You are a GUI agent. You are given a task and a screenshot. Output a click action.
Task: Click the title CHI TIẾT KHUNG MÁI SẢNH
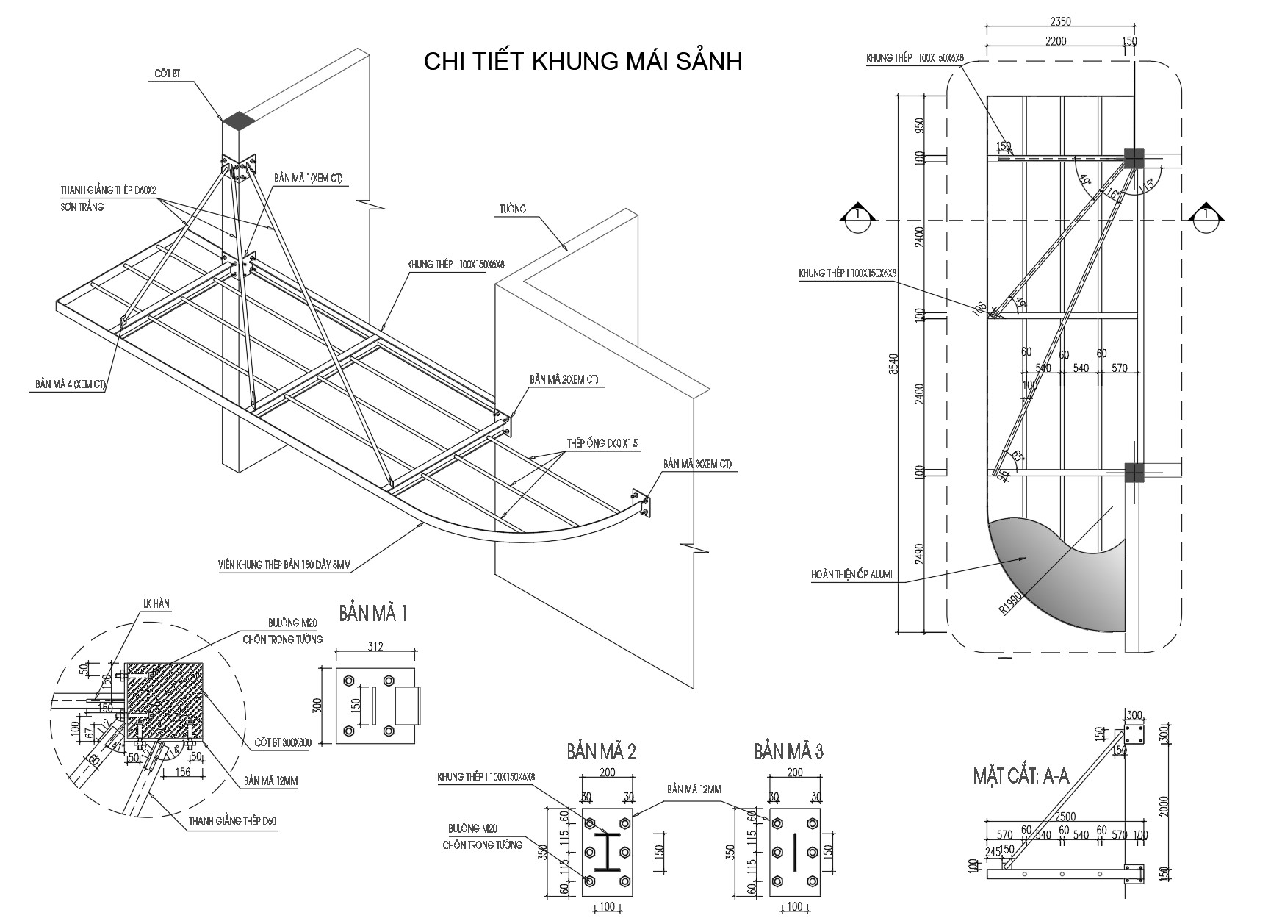tap(583, 61)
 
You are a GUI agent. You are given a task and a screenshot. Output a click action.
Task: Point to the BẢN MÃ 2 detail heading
tap(601, 751)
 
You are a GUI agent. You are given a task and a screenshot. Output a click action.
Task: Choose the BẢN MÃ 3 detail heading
tap(788, 751)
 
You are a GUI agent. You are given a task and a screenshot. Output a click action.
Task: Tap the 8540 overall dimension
tap(892, 364)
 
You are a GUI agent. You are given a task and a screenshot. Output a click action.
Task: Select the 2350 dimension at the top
tap(1059, 21)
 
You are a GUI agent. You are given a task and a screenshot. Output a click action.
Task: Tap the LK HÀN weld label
tap(156, 603)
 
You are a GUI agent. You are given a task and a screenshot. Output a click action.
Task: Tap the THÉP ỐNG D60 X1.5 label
tap(602, 443)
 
